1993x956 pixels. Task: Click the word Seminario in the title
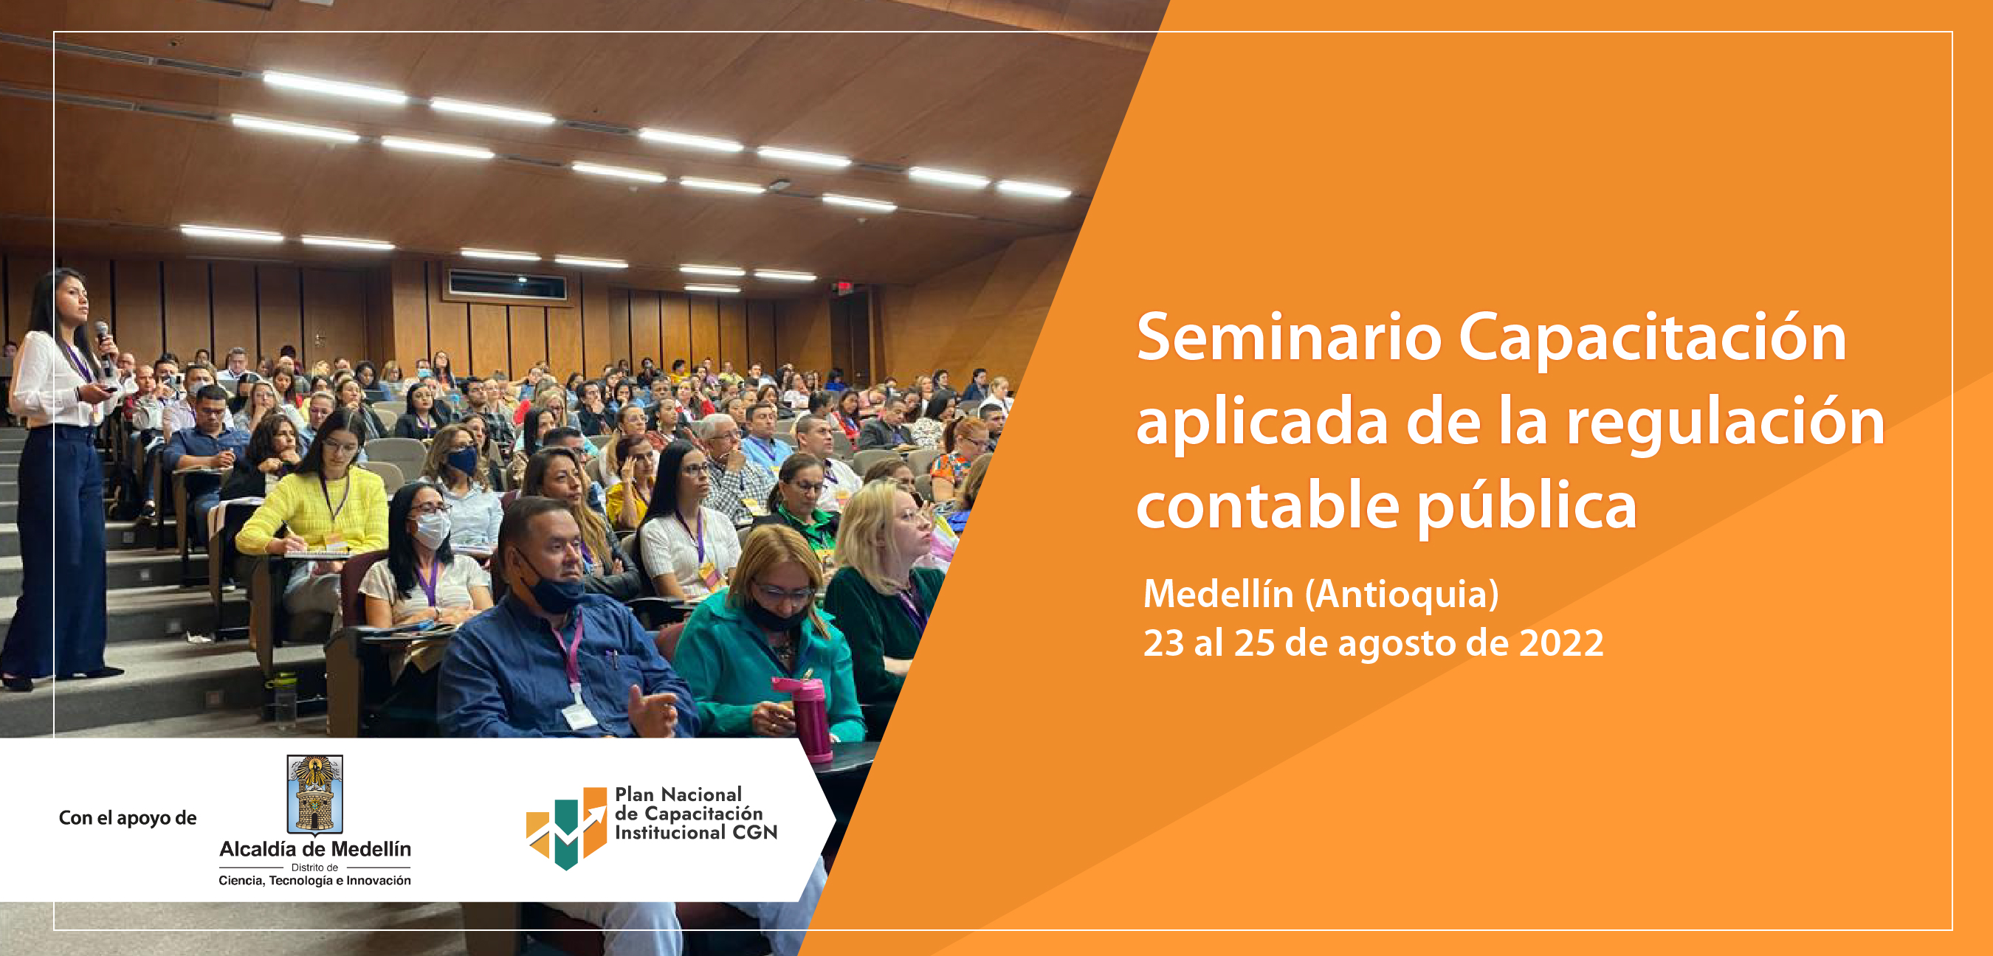[x=1290, y=337]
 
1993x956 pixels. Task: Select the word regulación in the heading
[x=1725, y=424]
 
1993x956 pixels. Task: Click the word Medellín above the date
[x=1219, y=594]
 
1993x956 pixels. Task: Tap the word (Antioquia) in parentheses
[x=1402, y=595]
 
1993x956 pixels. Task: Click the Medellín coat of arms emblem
[x=315, y=794]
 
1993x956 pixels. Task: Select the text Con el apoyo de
[x=128, y=818]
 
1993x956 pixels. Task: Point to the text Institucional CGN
[x=695, y=832]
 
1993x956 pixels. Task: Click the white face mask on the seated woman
[x=431, y=530]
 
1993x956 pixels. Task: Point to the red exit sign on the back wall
[x=844, y=288]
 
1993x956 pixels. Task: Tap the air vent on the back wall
[x=508, y=285]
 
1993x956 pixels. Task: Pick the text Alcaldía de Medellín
[x=315, y=849]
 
